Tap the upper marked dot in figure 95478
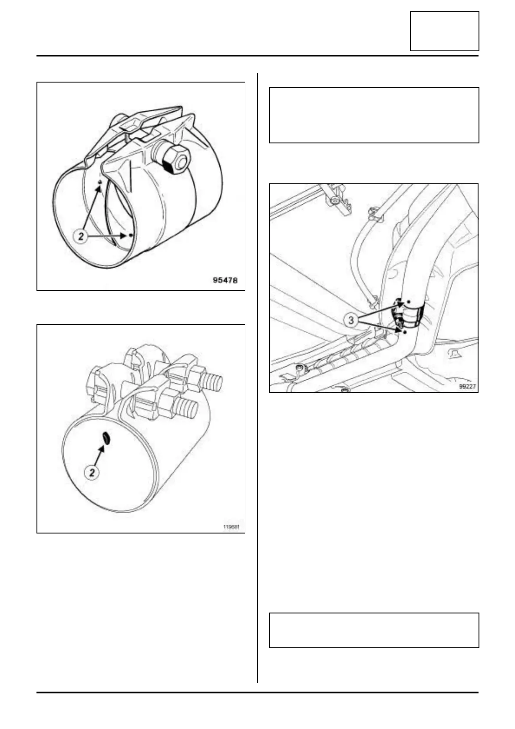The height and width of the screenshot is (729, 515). [100, 182]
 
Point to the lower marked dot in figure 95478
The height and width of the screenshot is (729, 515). [131, 235]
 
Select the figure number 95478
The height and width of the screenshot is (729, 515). [225, 280]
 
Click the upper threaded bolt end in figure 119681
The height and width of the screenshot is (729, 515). [213, 382]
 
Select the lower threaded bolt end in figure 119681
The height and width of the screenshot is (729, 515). [189, 409]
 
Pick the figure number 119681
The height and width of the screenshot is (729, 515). [231, 527]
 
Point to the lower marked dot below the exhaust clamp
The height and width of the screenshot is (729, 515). [405, 332]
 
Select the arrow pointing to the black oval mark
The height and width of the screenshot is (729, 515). [100, 455]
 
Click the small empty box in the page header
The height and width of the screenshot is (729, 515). [444, 31]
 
